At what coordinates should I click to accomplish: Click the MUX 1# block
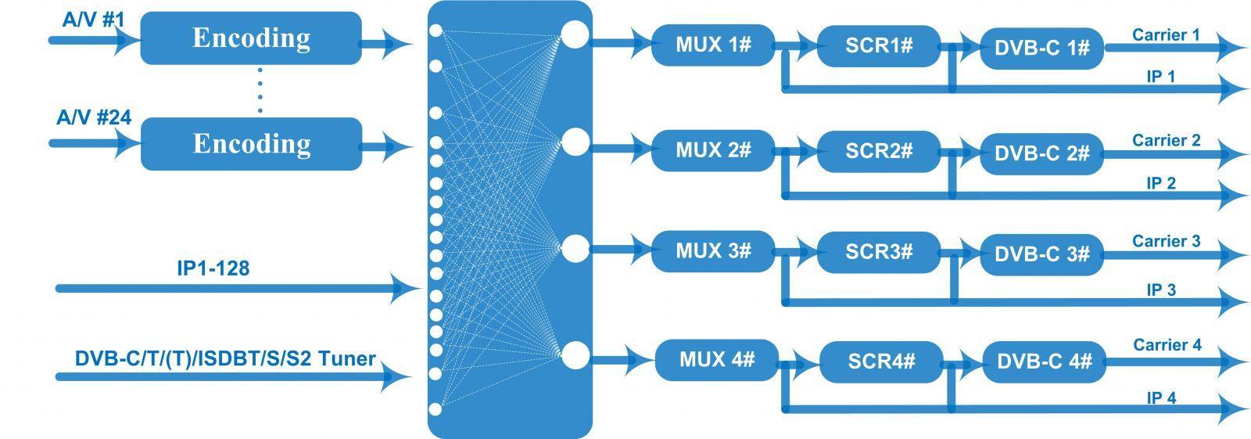(x=713, y=45)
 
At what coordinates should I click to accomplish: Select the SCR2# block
(x=879, y=151)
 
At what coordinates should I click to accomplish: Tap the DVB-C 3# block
(x=1042, y=254)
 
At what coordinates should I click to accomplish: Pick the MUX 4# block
(x=716, y=360)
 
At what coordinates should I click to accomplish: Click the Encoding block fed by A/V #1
(x=251, y=38)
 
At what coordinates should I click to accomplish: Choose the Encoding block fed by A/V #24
(x=251, y=144)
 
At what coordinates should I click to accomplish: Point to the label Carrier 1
(x=1166, y=34)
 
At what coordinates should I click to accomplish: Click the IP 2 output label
(x=1161, y=183)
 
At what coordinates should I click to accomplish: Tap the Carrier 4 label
(x=1167, y=344)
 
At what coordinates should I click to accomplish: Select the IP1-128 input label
(x=213, y=268)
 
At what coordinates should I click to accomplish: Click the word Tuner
(x=347, y=358)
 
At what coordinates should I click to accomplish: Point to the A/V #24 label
(x=94, y=117)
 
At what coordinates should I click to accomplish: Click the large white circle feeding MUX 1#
(x=575, y=34)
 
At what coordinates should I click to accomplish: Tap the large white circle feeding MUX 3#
(x=575, y=248)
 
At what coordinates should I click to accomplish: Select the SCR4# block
(x=882, y=362)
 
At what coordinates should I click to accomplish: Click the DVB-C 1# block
(x=1042, y=48)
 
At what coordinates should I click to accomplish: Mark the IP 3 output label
(x=1161, y=290)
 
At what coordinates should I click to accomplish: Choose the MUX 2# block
(x=713, y=150)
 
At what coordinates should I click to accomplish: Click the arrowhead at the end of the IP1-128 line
(x=406, y=289)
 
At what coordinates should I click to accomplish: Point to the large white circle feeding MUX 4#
(x=575, y=354)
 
